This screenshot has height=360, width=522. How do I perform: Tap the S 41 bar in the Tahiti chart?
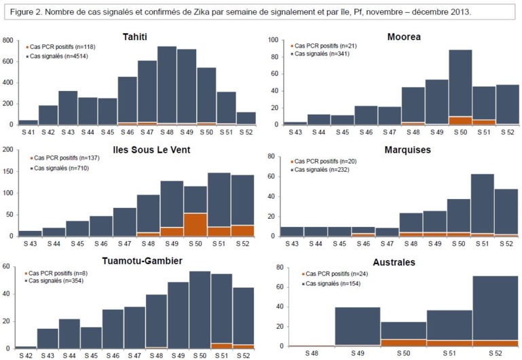pos(28,122)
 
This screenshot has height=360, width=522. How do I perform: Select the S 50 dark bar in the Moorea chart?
pos(461,82)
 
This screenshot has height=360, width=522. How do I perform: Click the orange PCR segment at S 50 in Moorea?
pos(461,121)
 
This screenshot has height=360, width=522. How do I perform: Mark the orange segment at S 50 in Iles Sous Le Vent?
pos(195,224)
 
